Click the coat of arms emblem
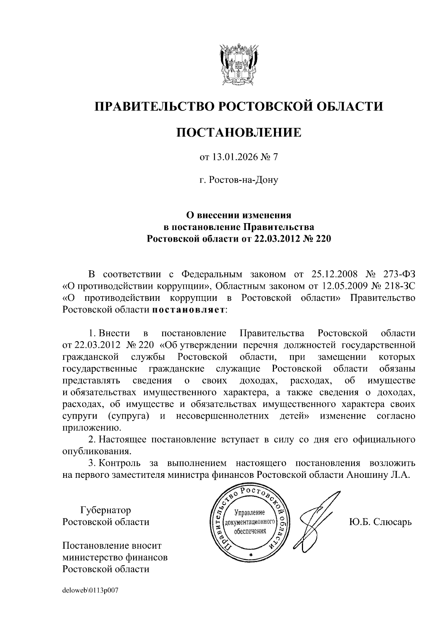[x=239, y=65]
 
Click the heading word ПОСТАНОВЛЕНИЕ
[x=239, y=133]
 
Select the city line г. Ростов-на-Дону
[x=239, y=180]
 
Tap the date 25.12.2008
[x=335, y=274]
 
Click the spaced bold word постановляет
[x=188, y=310]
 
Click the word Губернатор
[x=106, y=510]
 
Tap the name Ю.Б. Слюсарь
[x=380, y=522]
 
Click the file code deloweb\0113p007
[x=90, y=590]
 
